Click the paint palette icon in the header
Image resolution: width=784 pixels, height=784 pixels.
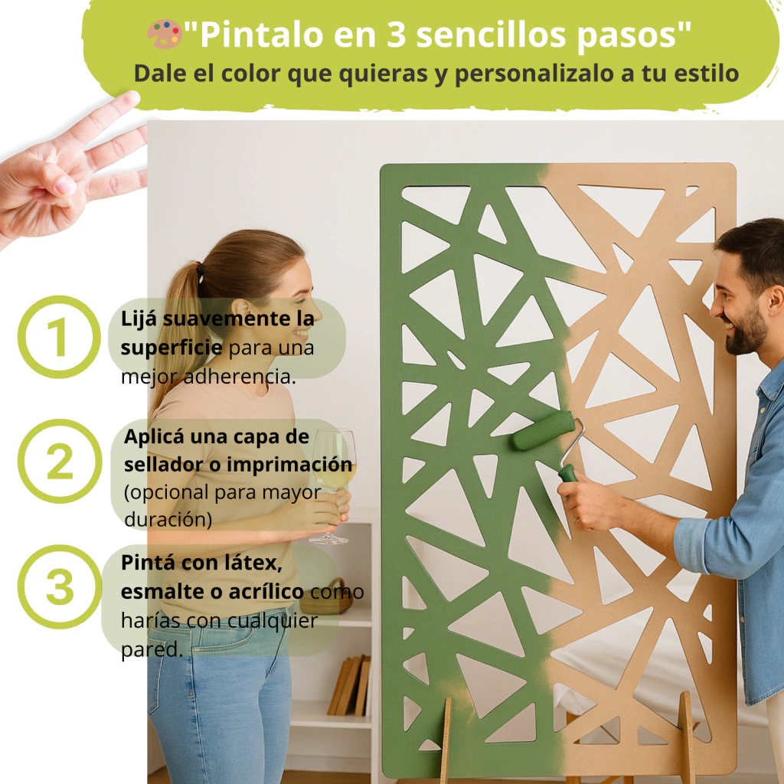tap(164, 34)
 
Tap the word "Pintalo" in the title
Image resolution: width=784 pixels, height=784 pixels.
tap(262, 35)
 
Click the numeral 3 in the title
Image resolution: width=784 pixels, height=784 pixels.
tap(396, 35)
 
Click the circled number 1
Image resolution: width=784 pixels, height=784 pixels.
tap(59, 337)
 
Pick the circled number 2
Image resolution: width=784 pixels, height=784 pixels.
tap(60, 461)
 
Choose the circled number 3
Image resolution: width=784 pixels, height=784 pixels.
tap(60, 586)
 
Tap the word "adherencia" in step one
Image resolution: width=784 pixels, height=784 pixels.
tap(240, 377)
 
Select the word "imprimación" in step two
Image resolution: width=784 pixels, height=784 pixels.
tap(289, 465)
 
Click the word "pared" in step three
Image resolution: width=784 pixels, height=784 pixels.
tap(152, 650)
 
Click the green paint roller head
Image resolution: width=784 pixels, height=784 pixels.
tap(543, 430)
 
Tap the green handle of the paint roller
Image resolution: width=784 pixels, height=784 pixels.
tap(568, 473)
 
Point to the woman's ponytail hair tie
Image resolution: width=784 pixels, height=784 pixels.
tap(201, 272)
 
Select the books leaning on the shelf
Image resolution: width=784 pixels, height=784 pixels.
tap(349, 685)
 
